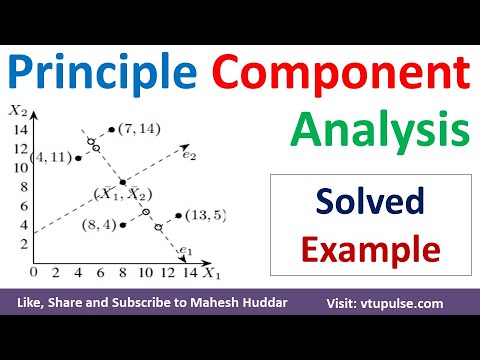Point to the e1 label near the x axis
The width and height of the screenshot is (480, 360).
[x=184, y=251]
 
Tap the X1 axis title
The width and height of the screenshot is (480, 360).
[x=211, y=272]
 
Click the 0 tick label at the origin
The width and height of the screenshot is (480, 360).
[x=33, y=272]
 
